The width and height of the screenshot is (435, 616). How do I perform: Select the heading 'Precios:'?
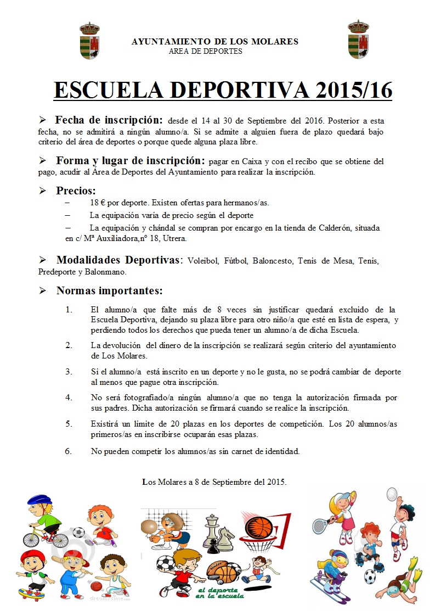(x=76, y=191)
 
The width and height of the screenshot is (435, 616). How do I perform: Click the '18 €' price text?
(x=97, y=203)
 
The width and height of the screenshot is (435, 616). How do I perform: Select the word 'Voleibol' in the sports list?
(x=203, y=261)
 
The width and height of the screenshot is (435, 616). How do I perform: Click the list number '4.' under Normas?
(x=69, y=397)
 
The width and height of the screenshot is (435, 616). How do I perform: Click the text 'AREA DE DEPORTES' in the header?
(x=206, y=52)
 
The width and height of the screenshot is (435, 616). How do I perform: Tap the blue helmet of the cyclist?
(x=38, y=500)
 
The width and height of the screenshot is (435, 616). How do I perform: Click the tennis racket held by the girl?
(x=320, y=523)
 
